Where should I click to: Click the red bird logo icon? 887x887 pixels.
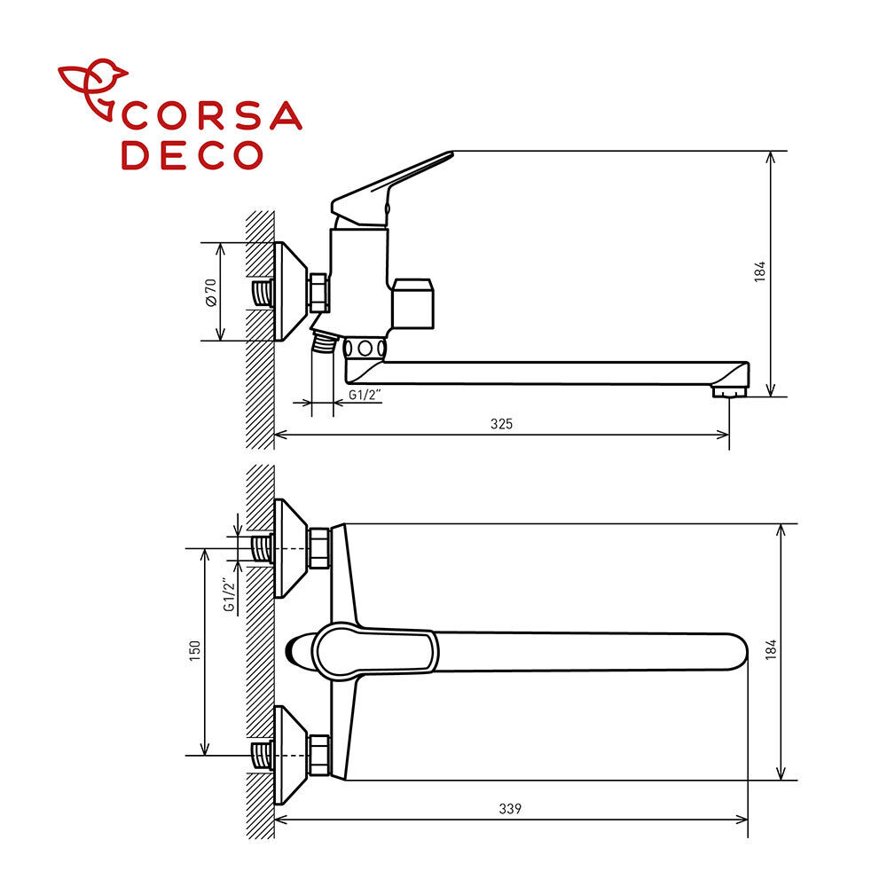pyautogui.click(x=92, y=88)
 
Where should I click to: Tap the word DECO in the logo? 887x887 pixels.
pyautogui.click(x=192, y=155)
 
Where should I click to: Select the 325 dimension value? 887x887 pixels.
pyautogui.click(x=501, y=424)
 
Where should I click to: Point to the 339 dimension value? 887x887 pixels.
pyautogui.click(x=510, y=809)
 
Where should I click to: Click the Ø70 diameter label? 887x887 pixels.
pyautogui.click(x=210, y=293)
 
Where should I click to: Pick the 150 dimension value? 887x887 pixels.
pyautogui.click(x=194, y=651)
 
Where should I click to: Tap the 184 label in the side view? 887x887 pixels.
pyautogui.click(x=760, y=271)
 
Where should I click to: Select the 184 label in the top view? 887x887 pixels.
pyautogui.click(x=771, y=649)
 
